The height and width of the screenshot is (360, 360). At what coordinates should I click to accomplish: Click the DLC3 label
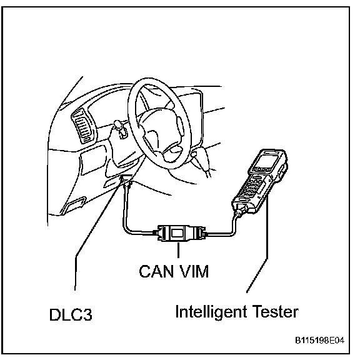point(71,314)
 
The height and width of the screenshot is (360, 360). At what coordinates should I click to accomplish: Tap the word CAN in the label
point(156,271)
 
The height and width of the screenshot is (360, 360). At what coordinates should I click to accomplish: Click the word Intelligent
point(211,312)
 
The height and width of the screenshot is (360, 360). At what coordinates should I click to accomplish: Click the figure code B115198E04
point(319,340)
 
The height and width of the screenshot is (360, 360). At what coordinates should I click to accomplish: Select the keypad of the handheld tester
point(252,186)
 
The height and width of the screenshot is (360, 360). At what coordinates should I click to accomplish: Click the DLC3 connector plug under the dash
point(126,181)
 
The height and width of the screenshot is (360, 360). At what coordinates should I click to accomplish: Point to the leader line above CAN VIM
point(178,250)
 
